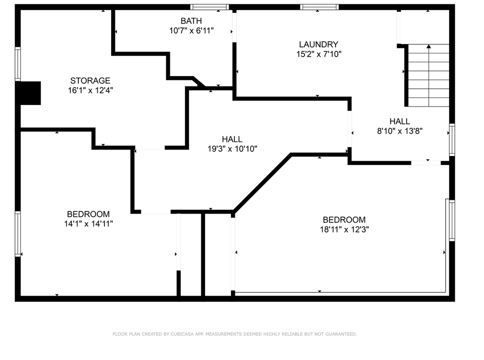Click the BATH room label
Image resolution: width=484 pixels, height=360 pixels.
(191, 21)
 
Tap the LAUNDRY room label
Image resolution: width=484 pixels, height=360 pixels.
(318, 44)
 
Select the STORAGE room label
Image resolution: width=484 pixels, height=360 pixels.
(90, 80)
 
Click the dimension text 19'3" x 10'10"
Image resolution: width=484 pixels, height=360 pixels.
(232, 149)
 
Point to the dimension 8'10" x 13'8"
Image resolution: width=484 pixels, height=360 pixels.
(399, 131)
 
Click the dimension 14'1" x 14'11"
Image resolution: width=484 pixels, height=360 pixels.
(88, 224)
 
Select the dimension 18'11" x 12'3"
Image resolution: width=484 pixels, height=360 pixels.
(344, 230)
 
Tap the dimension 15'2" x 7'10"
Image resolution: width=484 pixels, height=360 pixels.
(318, 54)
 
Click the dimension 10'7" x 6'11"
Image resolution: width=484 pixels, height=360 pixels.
(191, 31)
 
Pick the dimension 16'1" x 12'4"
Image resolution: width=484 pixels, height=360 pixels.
(90, 90)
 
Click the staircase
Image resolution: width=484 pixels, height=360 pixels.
(428, 76)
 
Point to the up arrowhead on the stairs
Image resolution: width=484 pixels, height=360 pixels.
(429, 46)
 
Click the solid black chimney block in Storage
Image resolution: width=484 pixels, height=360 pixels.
(30, 93)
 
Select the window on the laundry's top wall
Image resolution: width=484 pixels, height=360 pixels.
(320, 7)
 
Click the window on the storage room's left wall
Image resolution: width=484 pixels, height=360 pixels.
(18, 63)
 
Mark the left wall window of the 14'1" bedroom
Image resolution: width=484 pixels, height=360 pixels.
(18, 233)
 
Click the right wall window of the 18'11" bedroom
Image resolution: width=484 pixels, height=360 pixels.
(451, 220)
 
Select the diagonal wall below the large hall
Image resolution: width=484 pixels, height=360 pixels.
(262, 182)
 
